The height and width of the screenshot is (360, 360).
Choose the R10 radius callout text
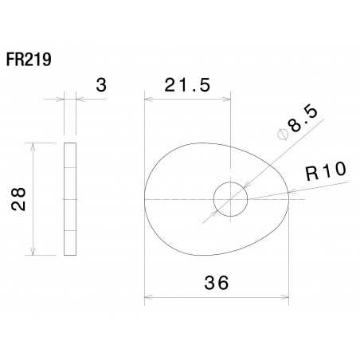click(x=324, y=171)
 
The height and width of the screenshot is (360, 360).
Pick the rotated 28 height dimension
click(x=20, y=199)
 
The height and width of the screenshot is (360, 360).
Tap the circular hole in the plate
click(x=230, y=198)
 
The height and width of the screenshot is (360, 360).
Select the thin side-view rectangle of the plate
click(x=70, y=199)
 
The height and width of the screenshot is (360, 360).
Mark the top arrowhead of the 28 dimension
click(x=33, y=147)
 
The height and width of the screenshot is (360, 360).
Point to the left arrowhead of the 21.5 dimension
click(x=148, y=100)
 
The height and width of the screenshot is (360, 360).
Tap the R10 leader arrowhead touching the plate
click(x=289, y=192)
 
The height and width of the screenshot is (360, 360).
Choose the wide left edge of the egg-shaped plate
click(x=145, y=199)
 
